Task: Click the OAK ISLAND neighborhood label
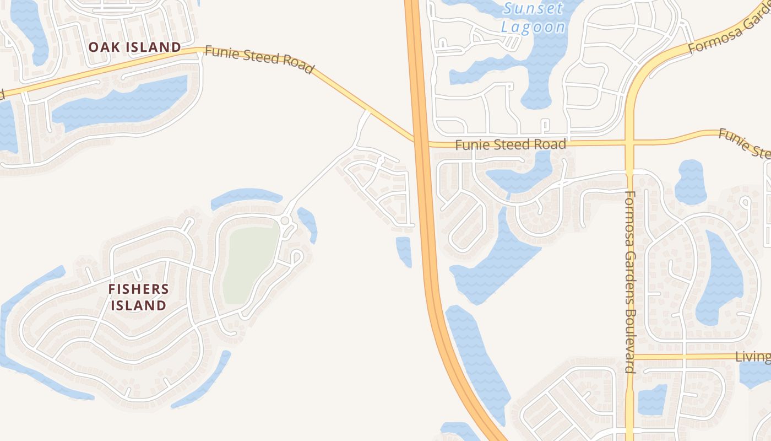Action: pyautogui.click(x=134, y=47)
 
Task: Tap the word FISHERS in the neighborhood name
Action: pyautogui.click(x=139, y=289)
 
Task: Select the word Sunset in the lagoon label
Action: pyautogui.click(x=534, y=8)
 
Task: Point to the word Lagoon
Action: pyautogui.click(x=533, y=27)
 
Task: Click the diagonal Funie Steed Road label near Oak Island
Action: pyautogui.click(x=259, y=59)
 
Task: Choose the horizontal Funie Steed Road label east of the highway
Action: pyautogui.click(x=511, y=144)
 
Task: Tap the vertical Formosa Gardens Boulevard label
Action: pyautogui.click(x=631, y=282)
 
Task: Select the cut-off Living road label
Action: pyautogui.click(x=753, y=357)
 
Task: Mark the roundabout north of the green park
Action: pyautogui.click(x=285, y=220)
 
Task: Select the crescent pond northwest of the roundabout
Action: pyautogui.click(x=246, y=196)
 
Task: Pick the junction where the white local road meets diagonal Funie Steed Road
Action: pyautogui.click(x=368, y=111)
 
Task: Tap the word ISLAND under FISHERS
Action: pyautogui.click(x=139, y=305)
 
